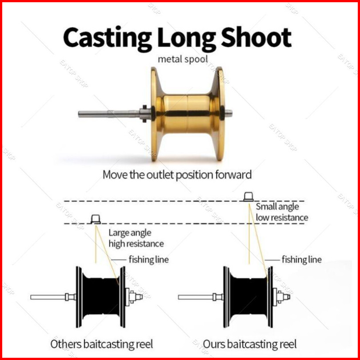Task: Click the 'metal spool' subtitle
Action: pyautogui.click(x=183, y=59)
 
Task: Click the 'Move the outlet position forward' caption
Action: pyautogui.click(x=177, y=174)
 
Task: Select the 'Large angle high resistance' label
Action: pyautogui.click(x=136, y=238)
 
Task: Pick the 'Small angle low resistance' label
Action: pyautogui.click(x=282, y=212)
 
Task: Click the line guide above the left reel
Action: pyautogui.click(x=96, y=219)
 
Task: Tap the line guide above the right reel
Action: pyautogui.click(x=249, y=196)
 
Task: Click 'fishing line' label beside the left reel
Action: pyautogui.click(x=148, y=260)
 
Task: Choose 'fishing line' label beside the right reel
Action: pyautogui.click(x=301, y=260)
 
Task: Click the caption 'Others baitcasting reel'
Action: pyautogui.click(x=101, y=344)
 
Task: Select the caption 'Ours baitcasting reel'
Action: pyautogui.click(x=249, y=344)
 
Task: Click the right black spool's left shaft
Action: pyautogui.click(x=196, y=297)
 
